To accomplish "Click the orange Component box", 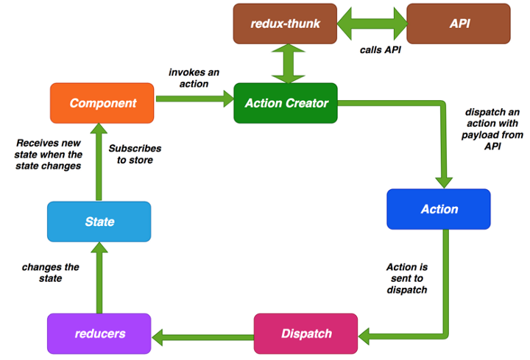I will (x=102, y=103).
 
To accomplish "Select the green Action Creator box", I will (x=286, y=103).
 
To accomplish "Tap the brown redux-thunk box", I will (x=285, y=23).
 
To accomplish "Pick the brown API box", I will (x=459, y=23).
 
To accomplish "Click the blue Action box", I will (x=439, y=209).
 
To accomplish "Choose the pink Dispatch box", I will (x=305, y=333).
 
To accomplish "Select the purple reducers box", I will (x=99, y=333).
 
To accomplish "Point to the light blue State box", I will (x=99, y=222).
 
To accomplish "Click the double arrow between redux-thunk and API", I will (x=372, y=23).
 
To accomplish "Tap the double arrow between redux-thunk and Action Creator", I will (x=286, y=63).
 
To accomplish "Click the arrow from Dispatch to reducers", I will (x=202, y=336).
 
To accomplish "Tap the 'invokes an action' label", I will (x=188, y=78).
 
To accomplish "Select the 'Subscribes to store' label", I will (x=135, y=154).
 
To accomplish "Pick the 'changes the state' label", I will (x=51, y=272).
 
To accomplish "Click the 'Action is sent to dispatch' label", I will (x=406, y=278).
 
